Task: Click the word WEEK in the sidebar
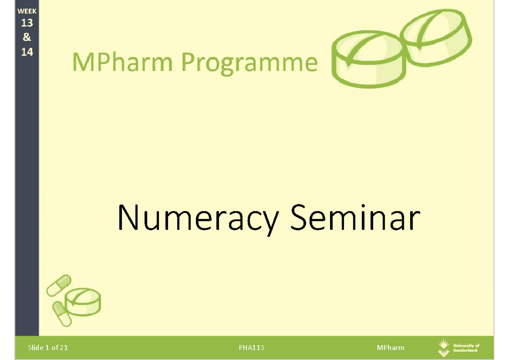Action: [x=27, y=12]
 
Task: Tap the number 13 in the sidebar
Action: [x=27, y=23]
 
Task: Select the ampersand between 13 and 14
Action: [x=27, y=37]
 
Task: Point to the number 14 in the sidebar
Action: [x=27, y=52]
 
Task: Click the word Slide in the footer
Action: [x=36, y=348]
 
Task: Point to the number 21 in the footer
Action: [x=64, y=348]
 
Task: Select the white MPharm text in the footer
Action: [x=390, y=348]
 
